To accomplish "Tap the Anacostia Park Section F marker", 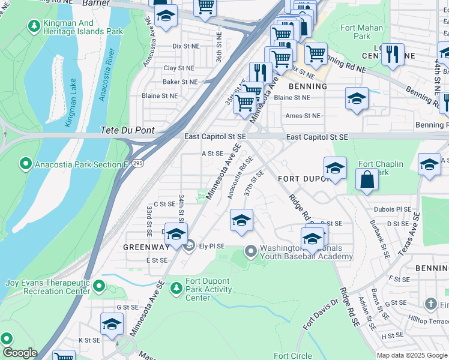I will [26, 163].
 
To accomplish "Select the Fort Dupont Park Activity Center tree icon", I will [176, 289].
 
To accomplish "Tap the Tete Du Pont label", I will [127, 130].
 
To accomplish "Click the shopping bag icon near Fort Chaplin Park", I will [366, 179].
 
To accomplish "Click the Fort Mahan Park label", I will [361, 32].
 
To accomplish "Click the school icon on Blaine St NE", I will [357, 98].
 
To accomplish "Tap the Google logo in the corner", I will [19, 353].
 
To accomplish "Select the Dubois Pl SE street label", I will [393, 210].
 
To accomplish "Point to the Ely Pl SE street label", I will [212, 246].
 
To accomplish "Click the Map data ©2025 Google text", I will [411, 355].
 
